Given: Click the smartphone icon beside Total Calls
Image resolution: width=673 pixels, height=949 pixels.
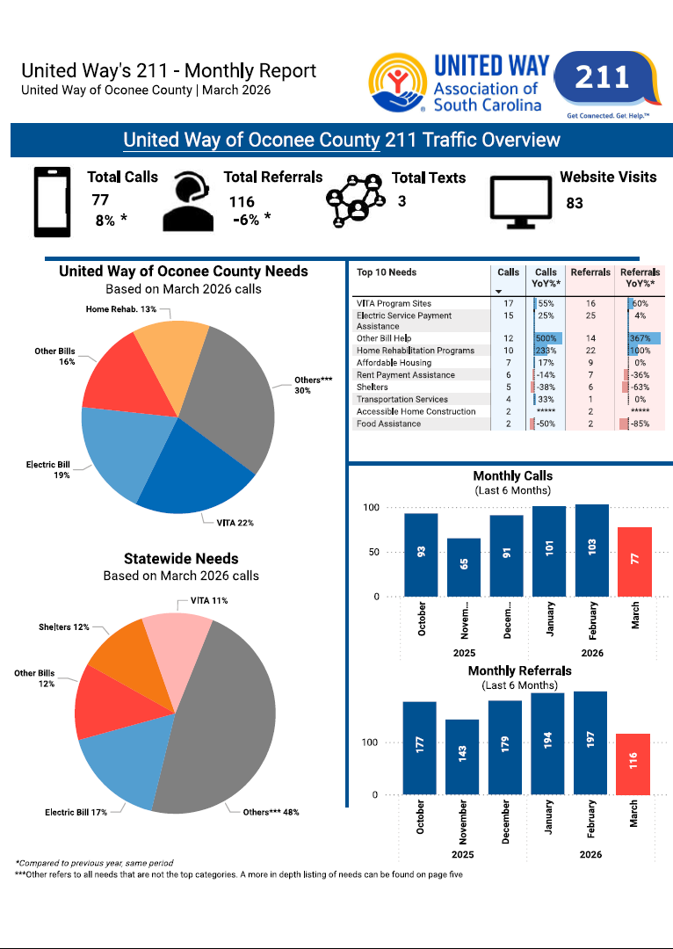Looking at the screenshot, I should [52, 201].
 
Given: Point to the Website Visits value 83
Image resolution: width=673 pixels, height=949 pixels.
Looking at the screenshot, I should [575, 203].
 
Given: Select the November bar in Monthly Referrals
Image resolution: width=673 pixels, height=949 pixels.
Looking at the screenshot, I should [462, 756].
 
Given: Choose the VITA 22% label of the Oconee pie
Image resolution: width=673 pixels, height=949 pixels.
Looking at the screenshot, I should [235, 523].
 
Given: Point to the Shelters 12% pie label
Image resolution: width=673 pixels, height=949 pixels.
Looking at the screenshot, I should [63, 627].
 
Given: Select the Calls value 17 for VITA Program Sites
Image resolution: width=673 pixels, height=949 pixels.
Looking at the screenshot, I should [508, 303].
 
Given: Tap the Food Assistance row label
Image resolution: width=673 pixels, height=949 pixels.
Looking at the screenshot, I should [388, 424].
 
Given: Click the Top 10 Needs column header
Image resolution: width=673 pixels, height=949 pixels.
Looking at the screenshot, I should [386, 272].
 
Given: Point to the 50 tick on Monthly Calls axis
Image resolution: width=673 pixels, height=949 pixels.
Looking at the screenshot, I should [373, 553].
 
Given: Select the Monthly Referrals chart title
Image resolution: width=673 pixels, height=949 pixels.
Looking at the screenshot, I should [519, 670].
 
